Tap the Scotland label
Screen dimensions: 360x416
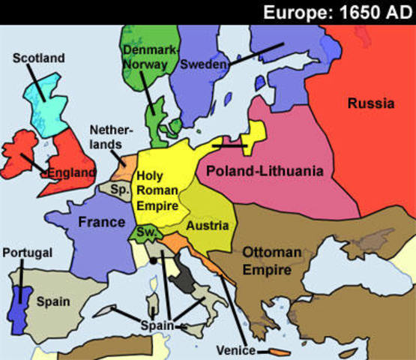(39, 58)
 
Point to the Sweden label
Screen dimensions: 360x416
(203, 65)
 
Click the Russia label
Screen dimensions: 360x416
(370, 103)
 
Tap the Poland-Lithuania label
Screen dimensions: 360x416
(265, 172)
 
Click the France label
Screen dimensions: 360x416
(102, 222)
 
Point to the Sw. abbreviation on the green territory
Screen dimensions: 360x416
(146, 233)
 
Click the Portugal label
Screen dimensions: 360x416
(28, 253)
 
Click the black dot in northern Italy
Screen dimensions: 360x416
(153, 261)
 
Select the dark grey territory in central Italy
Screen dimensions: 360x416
(182, 281)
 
